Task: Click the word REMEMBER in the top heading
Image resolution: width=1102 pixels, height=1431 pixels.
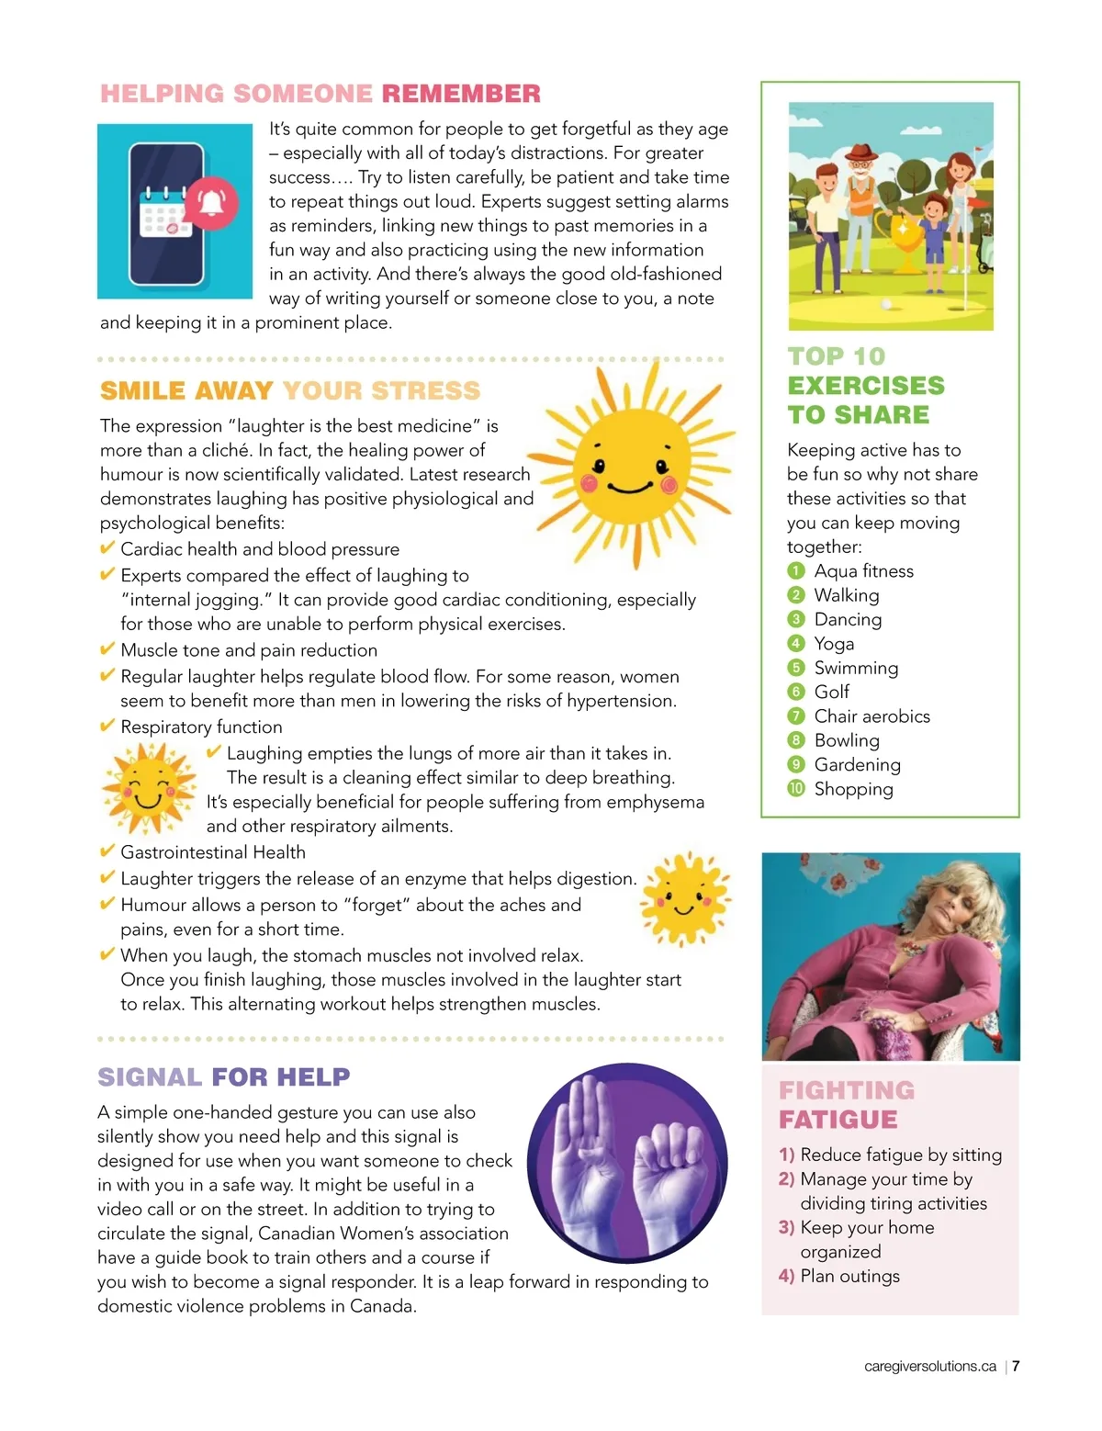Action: point(461,94)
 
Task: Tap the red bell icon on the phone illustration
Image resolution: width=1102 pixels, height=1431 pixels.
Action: point(212,203)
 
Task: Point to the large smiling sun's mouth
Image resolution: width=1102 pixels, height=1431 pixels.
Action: point(630,486)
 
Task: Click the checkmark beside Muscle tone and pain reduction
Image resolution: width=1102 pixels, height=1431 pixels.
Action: point(107,649)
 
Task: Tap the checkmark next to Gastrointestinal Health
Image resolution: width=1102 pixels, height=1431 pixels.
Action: point(107,851)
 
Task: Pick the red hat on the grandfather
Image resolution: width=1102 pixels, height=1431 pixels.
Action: point(860,152)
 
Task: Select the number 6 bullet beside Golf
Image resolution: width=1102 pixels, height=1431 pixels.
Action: point(796,692)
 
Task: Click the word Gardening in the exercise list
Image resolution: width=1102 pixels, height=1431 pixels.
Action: point(857,764)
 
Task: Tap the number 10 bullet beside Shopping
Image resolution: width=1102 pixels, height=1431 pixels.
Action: point(796,788)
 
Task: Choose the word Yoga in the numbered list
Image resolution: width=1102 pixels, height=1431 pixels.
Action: point(834,644)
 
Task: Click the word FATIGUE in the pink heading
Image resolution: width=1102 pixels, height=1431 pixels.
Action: point(838,1120)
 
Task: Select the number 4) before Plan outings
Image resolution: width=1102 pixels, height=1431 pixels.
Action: point(786,1276)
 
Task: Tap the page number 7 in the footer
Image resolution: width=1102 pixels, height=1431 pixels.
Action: point(1016,1366)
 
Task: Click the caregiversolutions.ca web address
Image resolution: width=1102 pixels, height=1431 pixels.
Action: point(929,1366)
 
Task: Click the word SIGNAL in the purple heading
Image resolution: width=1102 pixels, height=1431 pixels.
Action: point(150,1076)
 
